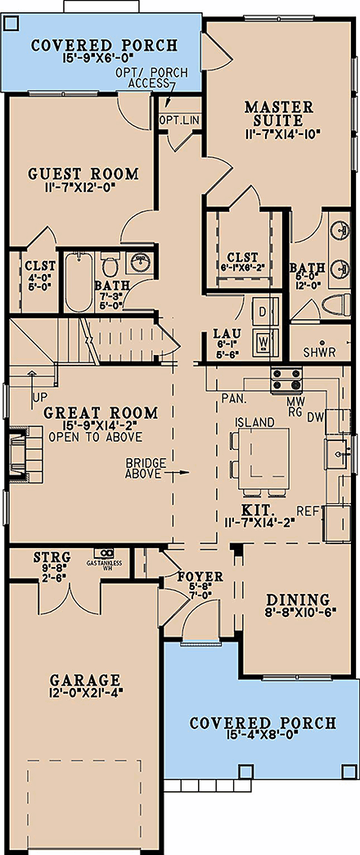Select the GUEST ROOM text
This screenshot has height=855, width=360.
tap(83, 173)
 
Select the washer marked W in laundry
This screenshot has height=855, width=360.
tap(264, 339)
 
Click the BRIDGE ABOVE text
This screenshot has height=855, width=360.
tap(146, 468)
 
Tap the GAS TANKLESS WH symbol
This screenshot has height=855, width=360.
tap(103, 556)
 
